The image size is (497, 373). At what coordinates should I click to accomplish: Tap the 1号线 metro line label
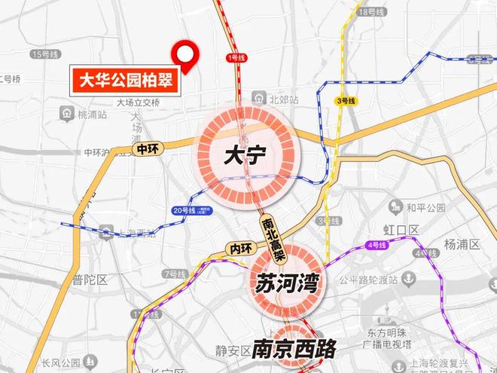[x=236, y=57]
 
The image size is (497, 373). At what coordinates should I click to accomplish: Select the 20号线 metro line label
[x=184, y=210]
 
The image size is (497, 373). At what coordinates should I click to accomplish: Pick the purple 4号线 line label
[x=377, y=246]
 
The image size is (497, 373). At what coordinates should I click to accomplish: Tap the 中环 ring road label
[x=146, y=150]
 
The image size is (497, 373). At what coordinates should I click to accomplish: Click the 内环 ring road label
[x=239, y=249]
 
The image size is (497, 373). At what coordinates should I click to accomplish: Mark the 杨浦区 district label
[x=461, y=244]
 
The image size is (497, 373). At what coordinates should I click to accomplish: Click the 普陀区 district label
[x=90, y=280]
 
